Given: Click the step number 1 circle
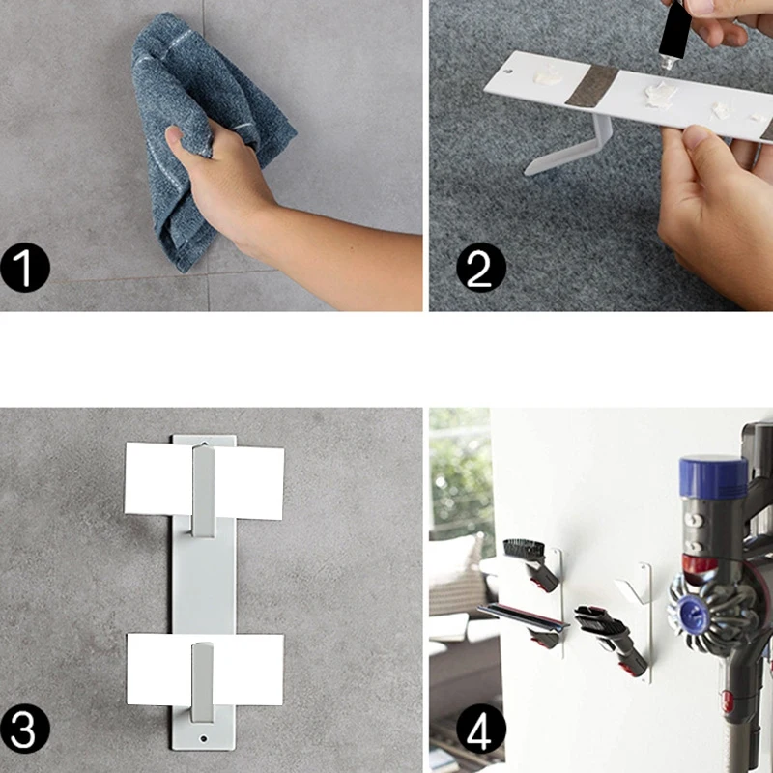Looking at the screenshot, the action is (25, 268).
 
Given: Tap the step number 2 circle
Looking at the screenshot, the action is (480, 268).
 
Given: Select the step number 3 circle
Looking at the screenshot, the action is (25, 729).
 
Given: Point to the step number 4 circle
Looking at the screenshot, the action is (480, 729).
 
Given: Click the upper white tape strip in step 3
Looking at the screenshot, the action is (204, 480).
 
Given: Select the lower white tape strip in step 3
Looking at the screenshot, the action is (205, 670).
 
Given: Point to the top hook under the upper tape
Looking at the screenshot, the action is (203, 491).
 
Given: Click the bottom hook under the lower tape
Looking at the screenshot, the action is (202, 683).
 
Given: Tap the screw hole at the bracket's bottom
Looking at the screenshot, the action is (203, 738).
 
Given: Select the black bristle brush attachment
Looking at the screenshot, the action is (525, 550).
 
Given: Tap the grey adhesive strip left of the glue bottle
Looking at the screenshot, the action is (591, 85).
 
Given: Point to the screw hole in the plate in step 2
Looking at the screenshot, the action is (509, 71).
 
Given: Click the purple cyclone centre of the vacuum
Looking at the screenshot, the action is (693, 612).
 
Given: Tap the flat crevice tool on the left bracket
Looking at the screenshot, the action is (523, 617).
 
